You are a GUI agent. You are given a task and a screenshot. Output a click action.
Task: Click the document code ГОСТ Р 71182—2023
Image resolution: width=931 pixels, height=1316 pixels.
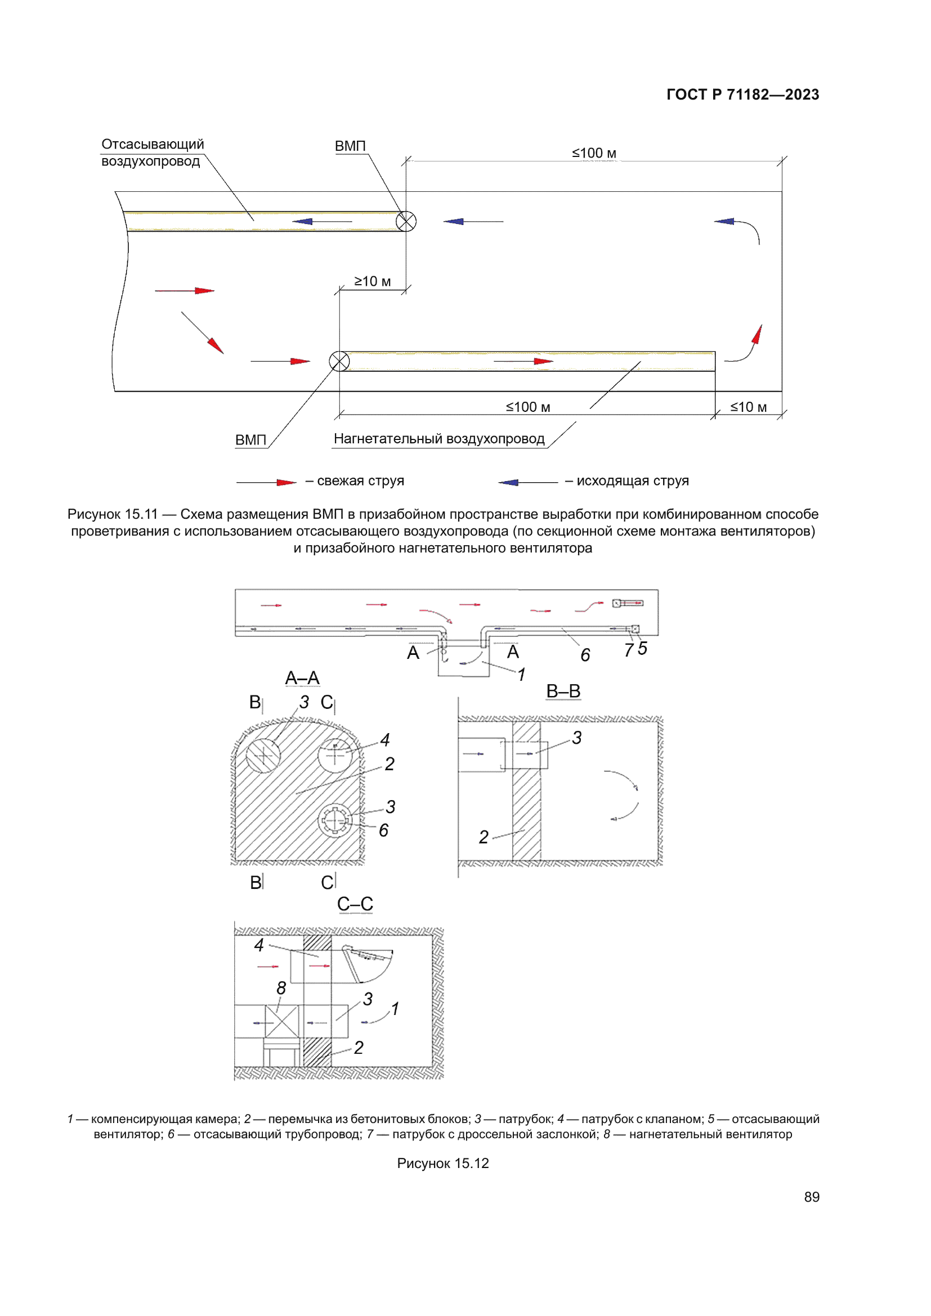pos(742,95)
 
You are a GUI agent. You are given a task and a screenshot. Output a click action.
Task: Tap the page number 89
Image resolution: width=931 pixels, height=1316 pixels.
pos(811,1197)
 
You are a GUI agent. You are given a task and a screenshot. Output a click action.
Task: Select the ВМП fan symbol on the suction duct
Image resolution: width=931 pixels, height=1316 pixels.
pos(406,221)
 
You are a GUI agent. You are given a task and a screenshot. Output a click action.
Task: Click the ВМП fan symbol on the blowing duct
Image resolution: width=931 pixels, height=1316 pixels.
pos(339,361)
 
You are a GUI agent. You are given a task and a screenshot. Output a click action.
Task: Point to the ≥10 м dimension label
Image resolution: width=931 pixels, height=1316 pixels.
pos(372,281)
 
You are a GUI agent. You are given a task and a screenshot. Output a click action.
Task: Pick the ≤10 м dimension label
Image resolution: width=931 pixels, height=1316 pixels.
pos(748,407)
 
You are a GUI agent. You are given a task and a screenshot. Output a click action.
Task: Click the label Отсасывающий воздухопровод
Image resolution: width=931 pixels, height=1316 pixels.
pos(152,152)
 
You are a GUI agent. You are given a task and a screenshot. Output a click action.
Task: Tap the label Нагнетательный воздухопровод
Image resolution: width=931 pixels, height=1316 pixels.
pos(438,438)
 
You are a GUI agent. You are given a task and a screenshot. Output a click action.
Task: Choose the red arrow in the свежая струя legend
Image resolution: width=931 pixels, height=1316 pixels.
pos(285,482)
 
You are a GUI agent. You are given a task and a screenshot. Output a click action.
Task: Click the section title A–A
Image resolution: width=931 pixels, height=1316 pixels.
pos(302,678)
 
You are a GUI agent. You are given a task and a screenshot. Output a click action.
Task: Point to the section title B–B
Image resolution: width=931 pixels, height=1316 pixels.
pos(563,691)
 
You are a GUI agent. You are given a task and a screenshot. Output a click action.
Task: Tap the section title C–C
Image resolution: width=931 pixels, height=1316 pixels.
pos(355,904)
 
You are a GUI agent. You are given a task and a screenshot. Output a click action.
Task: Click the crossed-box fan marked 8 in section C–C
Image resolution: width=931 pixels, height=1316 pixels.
pos(281,1021)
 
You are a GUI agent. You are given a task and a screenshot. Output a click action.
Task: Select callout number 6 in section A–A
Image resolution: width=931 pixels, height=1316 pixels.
pos(383,830)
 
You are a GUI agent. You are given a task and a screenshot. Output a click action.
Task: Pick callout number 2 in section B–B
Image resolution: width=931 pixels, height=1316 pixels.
pos(484,837)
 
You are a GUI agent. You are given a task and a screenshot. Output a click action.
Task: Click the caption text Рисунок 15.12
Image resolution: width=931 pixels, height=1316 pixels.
pos(442,1163)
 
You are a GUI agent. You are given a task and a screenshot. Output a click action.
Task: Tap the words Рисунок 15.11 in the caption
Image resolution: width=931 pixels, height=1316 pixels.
pos(113,514)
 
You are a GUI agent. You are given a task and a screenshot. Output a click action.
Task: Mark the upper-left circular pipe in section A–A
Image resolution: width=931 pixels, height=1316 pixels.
pos(263,755)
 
